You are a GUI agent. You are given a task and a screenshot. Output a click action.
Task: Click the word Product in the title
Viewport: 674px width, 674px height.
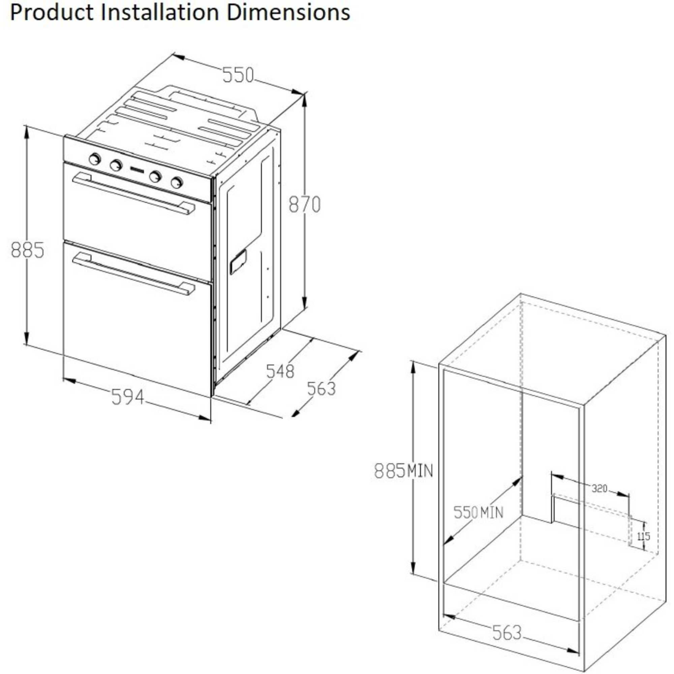coord(51,12)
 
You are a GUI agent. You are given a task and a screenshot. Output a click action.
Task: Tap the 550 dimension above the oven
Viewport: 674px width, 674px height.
coord(238,75)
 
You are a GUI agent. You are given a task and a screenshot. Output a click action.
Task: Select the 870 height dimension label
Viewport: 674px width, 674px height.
coord(304,205)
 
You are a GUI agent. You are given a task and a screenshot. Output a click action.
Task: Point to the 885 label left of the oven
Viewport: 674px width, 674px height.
coord(28,250)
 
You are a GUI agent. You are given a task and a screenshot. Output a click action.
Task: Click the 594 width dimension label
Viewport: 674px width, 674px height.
coord(127,397)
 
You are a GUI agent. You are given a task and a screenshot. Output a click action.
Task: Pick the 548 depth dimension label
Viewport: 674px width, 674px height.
coord(280,371)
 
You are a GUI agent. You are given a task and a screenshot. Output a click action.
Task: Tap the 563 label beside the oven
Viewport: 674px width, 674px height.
coord(321,389)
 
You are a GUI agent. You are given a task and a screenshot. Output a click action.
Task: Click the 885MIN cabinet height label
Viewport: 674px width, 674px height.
coord(403,471)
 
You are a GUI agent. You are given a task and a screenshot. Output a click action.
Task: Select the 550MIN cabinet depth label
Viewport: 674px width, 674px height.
coord(478,513)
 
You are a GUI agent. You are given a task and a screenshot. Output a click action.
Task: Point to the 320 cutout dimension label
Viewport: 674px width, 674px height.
coord(599,489)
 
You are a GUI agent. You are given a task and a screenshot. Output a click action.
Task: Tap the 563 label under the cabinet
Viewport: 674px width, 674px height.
coord(507,633)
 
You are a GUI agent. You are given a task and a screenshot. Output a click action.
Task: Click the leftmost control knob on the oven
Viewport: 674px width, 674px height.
coord(95,159)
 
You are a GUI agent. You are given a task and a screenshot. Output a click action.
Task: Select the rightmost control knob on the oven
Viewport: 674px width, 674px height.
coord(177,182)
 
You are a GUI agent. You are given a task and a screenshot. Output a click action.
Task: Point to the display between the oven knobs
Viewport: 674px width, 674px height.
coord(137,171)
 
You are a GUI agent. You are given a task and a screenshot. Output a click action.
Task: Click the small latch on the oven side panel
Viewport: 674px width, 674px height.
coord(238,262)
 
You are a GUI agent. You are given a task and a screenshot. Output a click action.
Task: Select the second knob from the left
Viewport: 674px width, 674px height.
coord(116,165)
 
